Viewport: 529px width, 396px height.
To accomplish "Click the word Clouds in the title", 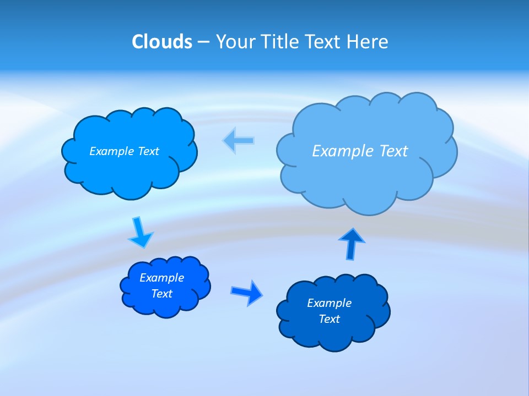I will (161, 41).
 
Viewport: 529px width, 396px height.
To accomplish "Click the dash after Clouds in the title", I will (203, 42).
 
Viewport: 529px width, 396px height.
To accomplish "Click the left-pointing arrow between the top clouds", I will (239, 140).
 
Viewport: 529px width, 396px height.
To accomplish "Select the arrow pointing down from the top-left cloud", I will (141, 232).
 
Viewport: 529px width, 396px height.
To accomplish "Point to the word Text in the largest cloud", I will (393, 151).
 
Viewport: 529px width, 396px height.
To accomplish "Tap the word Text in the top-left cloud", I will (148, 151).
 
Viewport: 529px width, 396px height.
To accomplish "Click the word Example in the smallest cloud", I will (161, 278).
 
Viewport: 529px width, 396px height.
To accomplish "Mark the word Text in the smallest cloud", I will (161, 294).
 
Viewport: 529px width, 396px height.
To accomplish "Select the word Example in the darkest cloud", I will (329, 303).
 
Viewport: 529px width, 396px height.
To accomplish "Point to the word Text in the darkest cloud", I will (329, 319).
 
